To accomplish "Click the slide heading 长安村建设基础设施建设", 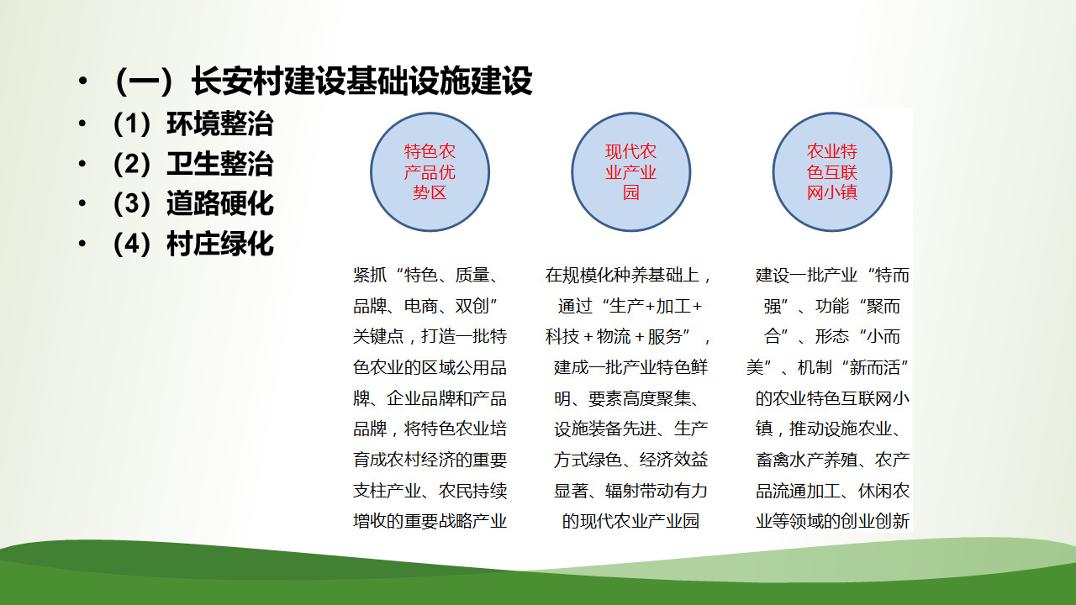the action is pyautogui.click(x=361, y=81).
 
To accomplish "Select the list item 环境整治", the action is pyautogui.click(x=220, y=124).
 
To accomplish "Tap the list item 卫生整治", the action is pyautogui.click(x=220, y=164).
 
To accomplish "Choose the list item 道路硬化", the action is pyautogui.click(x=220, y=203).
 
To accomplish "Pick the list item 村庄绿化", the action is pyautogui.click(x=220, y=244).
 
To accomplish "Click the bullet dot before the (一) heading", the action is pyautogui.click(x=82, y=81).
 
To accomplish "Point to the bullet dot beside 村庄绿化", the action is pyautogui.click(x=82, y=244).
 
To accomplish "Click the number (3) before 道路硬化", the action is pyautogui.click(x=132, y=203).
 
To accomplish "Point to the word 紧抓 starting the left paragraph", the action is pyautogui.click(x=370, y=275).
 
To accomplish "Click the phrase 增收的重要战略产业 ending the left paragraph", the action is pyautogui.click(x=430, y=521).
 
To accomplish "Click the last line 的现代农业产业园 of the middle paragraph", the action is pyautogui.click(x=630, y=521).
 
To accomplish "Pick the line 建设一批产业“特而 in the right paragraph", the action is pyautogui.click(x=832, y=275).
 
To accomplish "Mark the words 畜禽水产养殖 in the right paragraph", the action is pyautogui.click(x=807, y=460).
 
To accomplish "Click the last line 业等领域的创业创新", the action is pyautogui.click(x=832, y=521).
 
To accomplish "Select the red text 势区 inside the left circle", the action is pyautogui.click(x=430, y=192).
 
